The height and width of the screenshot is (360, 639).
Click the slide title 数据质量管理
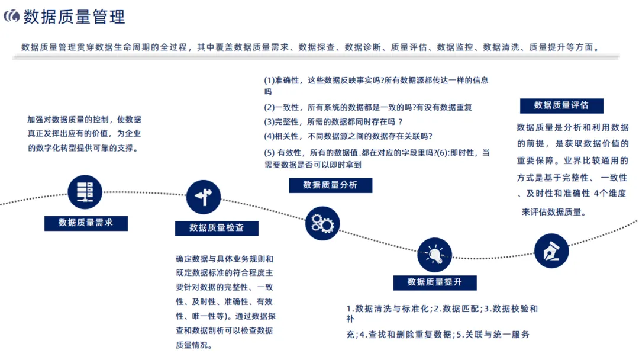[75, 17]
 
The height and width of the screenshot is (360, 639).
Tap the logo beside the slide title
[12, 17]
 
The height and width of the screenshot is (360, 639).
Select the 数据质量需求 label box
[86, 223]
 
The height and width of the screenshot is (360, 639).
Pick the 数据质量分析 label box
[331, 185]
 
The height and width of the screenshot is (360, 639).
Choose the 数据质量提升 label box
[435, 282]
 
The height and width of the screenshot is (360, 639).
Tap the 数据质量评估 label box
[561, 105]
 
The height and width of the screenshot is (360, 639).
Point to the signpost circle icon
[204, 197]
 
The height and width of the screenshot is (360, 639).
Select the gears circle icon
[322, 223]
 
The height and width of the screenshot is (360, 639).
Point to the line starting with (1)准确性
[376, 81]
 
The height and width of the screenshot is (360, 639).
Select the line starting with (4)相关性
[348, 136]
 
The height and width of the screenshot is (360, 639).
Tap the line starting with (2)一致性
[368, 107]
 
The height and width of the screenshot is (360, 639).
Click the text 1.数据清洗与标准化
[389, 308]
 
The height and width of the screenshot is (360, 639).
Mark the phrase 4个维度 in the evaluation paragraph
[610, 193]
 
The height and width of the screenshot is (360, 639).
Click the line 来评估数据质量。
[554, 211]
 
